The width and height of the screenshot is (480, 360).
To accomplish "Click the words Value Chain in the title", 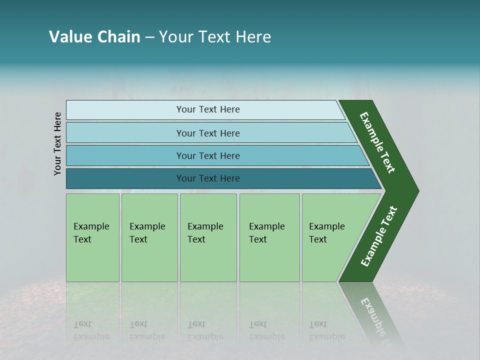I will pos(94,37).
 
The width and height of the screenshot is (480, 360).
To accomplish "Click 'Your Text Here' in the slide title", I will pos(215,37).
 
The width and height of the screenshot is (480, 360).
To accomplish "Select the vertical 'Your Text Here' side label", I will pos(57,143).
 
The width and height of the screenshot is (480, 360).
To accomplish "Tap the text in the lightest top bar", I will pos(208,109).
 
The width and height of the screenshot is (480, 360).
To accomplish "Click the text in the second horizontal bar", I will pos(208,133).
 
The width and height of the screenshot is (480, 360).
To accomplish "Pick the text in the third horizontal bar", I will pos(208,156).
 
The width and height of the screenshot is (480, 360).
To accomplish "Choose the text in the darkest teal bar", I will pos(208,178).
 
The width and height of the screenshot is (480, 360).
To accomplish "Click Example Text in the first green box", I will pos(91,233).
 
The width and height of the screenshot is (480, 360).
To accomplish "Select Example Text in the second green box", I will pos(147,233).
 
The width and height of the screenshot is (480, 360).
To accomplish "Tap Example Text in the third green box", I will pos(205,233).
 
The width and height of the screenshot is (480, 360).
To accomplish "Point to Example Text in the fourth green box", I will pos(266,233).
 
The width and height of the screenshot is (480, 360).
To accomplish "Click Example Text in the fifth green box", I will pos(326,233).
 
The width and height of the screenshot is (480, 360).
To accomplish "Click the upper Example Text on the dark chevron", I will pos(377,142).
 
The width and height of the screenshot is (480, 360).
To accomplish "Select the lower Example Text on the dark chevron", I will pos(378,236).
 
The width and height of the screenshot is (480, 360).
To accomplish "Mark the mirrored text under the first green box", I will pos(91,330).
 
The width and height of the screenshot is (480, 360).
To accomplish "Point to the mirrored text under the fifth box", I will pos(326,330).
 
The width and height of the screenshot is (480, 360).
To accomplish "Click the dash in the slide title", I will pos(149,37).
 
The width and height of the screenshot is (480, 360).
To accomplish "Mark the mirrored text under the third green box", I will pos(205,330).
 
